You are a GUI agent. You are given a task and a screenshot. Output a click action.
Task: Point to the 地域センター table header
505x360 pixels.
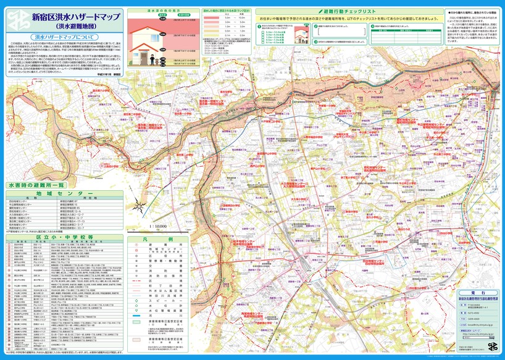pyautogui.click(x=59, y=194)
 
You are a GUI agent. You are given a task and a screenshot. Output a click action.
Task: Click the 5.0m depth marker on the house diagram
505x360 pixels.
pyautogui.click(x=163, y=34)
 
